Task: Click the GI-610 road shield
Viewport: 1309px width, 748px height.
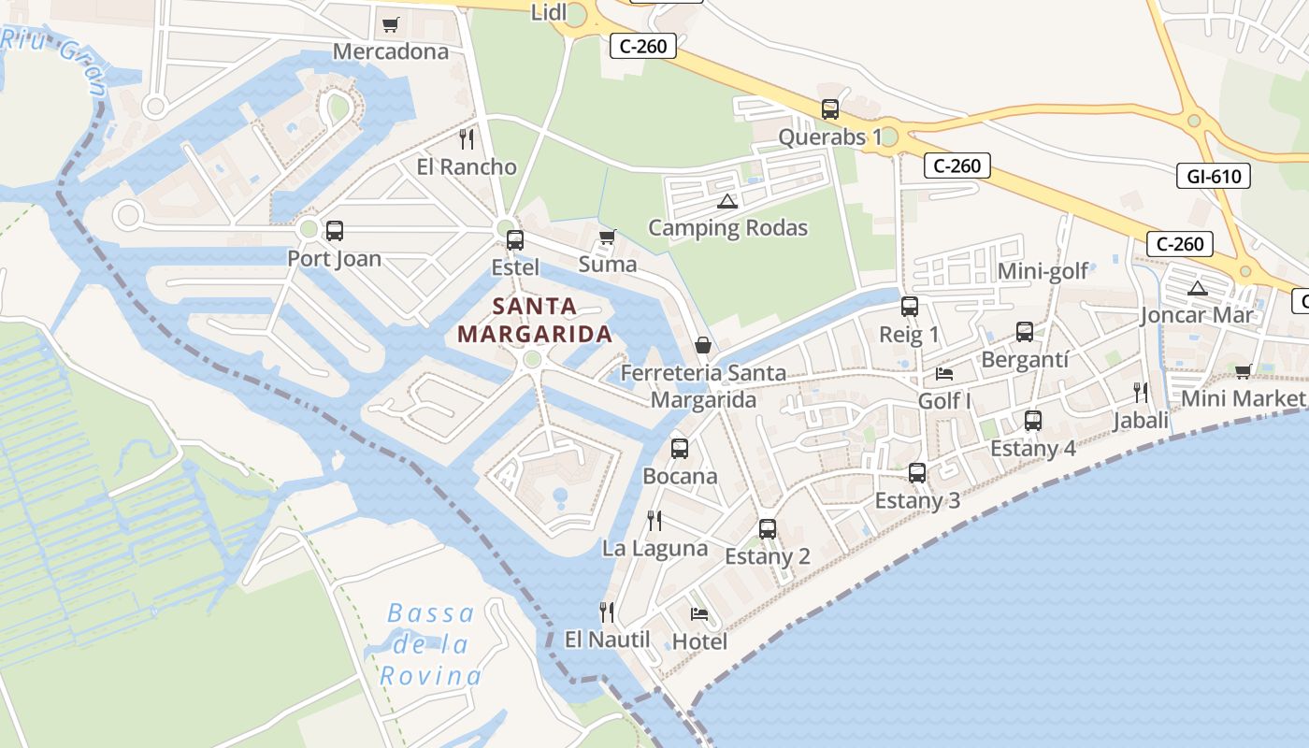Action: click(1213, 175)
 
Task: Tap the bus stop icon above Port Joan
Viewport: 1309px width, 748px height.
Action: click(334, 230)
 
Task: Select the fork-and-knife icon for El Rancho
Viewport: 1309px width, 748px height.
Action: click(467, 139)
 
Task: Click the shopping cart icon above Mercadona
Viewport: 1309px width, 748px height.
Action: click(391, 24)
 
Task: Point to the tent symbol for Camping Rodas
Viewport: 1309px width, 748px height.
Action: click(726, 201)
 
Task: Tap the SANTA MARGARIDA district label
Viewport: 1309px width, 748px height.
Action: click(535, 320)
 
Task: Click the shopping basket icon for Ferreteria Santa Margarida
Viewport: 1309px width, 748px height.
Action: click(703, 346)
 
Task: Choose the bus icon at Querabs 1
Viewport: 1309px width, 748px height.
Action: click(829, 109)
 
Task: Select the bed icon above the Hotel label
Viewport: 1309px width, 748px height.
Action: click(698, 614)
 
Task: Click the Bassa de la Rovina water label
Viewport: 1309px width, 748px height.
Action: click(432, 644)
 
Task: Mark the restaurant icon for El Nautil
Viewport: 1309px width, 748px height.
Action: click(607, 612)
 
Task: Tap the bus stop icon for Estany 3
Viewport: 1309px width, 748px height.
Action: click(917, 473)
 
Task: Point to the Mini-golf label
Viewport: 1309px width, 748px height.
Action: click(1043, 271)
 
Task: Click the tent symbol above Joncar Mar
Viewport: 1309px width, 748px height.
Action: click(1197, 288)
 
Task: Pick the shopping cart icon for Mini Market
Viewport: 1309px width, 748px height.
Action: click(1243, 372)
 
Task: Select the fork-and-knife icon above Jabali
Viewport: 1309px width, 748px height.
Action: click(1141, 392)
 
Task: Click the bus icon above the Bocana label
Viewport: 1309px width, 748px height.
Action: click(680, 449)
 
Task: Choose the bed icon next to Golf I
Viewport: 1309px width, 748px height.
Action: click(944, 374)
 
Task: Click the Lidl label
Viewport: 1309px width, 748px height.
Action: click(548, 12)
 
